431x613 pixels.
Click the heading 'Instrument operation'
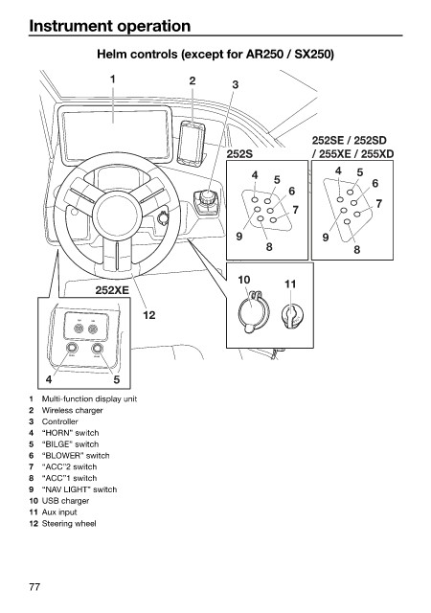coord(110,26)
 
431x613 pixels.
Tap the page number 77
coord(34,586)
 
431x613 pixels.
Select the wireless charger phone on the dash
coord(192,144)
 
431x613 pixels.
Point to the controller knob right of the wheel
coord(207,196)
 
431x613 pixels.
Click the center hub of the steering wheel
coord(117,214)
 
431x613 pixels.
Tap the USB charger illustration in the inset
coord(253,311)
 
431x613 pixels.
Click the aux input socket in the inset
coord(291,315)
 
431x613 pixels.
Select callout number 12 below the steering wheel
coord(149,315)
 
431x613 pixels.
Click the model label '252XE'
coord(111,290)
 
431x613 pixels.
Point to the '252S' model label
coord(239,154)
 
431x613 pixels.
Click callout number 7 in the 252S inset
coord(295,210)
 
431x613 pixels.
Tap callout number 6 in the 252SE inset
coord(375,183)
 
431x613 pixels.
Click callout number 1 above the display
coord(113,79)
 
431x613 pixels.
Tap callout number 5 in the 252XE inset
coord(117,379)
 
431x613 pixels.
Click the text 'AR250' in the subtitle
coord(263,54)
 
